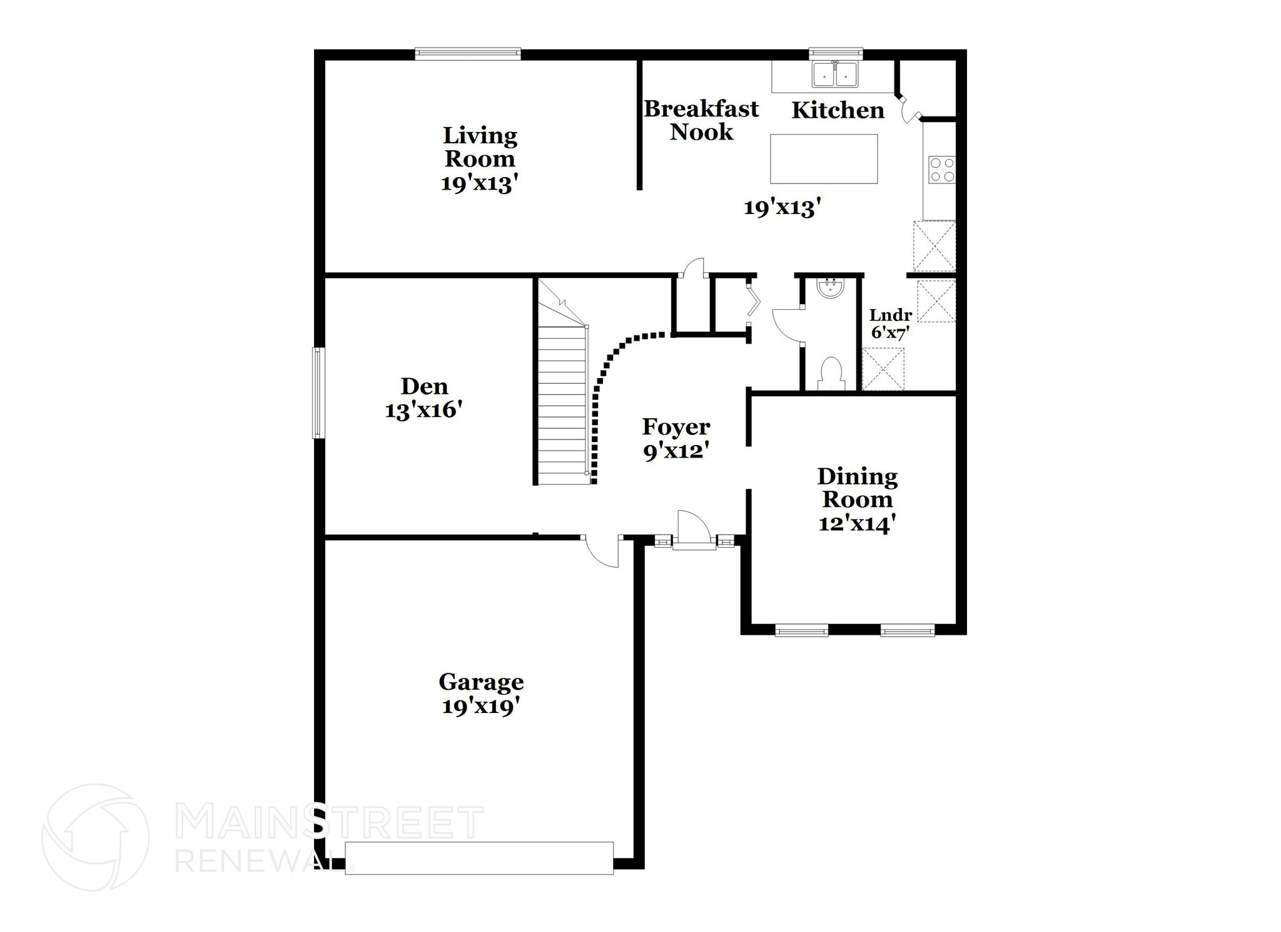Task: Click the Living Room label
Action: [480, 146]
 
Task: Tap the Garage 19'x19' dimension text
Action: [481, 707]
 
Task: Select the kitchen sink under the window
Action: [835, 74]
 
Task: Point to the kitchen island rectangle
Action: [823, 159]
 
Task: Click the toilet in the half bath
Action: [831, 373]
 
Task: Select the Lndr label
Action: [890, 315]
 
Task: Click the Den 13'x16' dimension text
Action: [423, 411]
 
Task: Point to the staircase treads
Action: [562, 407]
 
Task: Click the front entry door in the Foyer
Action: [693, 531]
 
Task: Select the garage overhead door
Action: [478, 858]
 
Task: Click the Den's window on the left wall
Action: [318, 392]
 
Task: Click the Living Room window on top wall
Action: [467, 54]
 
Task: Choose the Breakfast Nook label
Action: [701, 120]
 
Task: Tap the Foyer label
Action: [676, 427]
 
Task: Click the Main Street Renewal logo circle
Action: [95, 837]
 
